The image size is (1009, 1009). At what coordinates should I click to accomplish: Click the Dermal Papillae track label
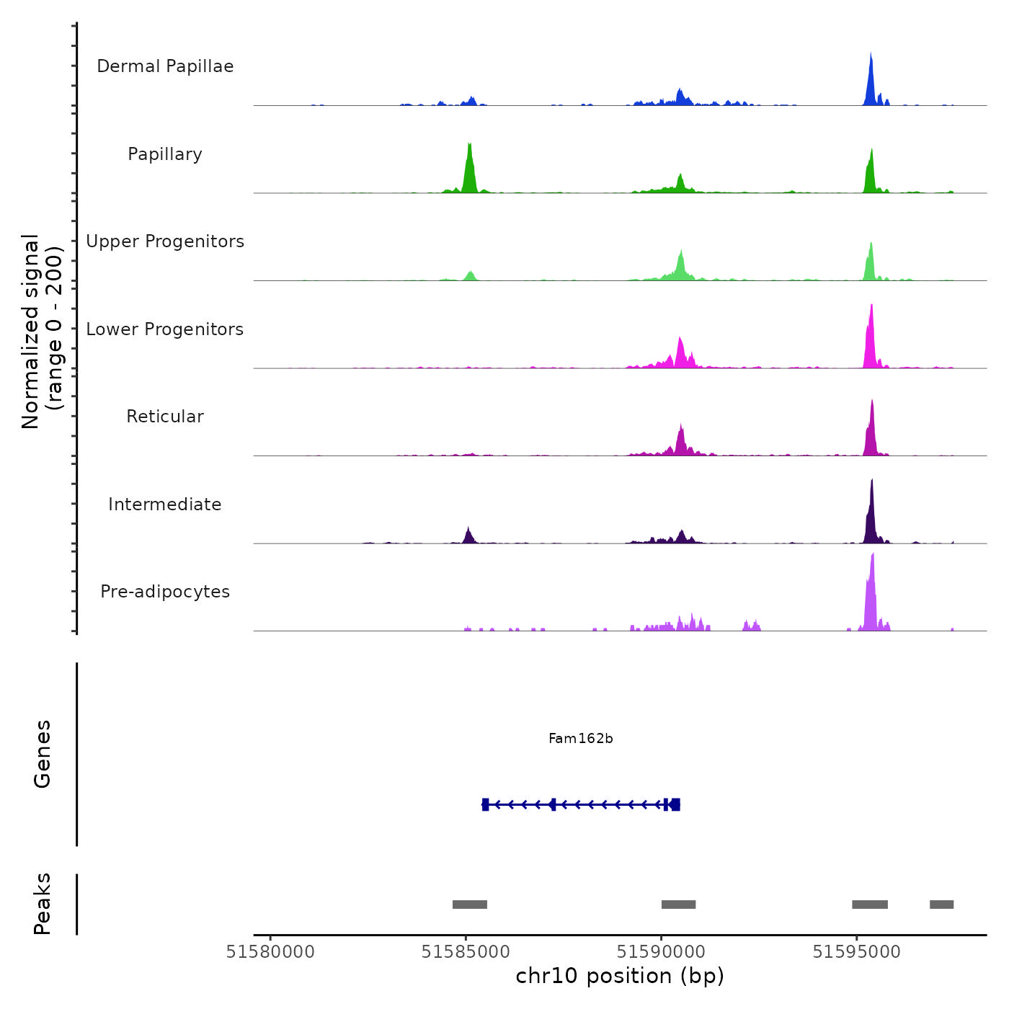165,66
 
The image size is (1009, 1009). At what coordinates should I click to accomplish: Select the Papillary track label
165,154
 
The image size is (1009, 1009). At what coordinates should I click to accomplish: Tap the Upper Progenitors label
165,241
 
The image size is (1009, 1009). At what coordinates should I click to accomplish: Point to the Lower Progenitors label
165,329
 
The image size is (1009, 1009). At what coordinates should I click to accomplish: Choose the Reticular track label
165,417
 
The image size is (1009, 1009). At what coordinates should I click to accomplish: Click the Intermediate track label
165,504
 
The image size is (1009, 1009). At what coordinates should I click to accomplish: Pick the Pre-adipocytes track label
165,592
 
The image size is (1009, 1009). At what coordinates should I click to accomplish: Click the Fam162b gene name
580,738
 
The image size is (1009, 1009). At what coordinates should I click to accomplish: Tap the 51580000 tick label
270,952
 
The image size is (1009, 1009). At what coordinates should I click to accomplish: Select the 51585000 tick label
466,952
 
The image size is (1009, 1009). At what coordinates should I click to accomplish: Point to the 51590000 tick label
661,952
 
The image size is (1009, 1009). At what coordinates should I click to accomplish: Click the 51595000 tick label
856,952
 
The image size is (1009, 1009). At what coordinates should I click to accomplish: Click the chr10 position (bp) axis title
620,976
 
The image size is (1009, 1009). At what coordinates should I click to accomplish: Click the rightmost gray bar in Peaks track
941,904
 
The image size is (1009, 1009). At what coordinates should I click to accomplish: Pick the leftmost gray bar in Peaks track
470,904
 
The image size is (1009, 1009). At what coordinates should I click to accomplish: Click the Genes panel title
43,754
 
